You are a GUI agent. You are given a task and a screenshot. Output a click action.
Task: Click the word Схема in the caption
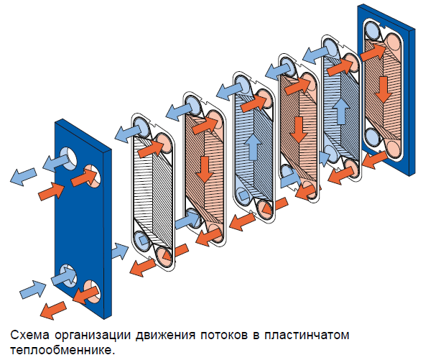[x=30, y=335]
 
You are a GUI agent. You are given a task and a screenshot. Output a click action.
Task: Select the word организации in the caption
[x=93, y=336]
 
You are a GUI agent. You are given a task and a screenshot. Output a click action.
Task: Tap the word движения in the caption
[x=165, y=336]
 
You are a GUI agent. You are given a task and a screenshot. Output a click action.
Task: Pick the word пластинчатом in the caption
[x=307, y=335]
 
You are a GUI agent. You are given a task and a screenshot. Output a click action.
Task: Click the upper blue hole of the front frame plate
[x=69, y=159]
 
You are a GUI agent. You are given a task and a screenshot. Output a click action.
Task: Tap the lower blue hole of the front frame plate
[x=68, y=276]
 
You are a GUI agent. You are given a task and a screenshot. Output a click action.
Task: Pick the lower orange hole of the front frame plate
[x=93, y=292]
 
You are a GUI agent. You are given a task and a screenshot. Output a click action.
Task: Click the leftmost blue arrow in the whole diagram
[x=23, y=177]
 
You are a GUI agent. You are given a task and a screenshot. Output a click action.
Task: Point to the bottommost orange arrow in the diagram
[x=53, y=310]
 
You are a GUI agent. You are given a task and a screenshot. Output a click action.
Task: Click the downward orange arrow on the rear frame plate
[x=383, y=89]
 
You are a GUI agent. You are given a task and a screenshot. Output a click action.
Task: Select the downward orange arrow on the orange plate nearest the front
[x=205, y=170]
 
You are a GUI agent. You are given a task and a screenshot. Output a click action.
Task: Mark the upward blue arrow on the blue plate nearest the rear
[x=341, y=111]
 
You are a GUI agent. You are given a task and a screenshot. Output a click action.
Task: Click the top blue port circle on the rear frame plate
[x=373, y=29]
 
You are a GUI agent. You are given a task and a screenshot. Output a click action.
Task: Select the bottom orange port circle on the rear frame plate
[x=393, y=149]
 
